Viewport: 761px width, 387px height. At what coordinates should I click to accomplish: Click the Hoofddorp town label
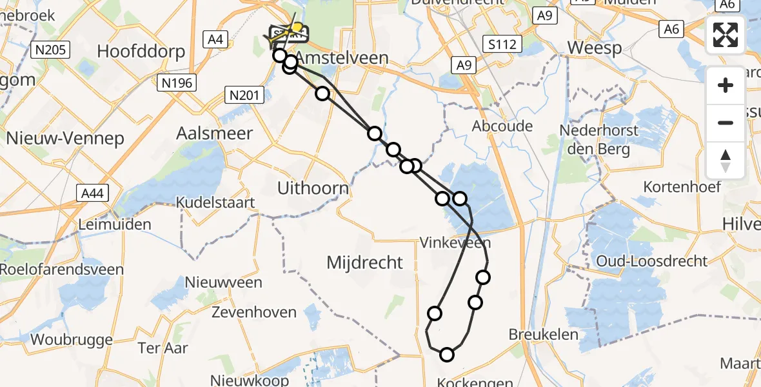pyautogui.click(x=141, y=51)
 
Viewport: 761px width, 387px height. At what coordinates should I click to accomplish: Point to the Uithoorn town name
pyautogui.click(x=313, y=188)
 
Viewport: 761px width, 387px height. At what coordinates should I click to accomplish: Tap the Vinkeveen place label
pyautogui.click(x=455, y=243)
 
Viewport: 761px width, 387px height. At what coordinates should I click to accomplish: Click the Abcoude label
pyautogui.click(x=502, y=126)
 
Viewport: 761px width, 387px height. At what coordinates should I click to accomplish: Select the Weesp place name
pyautogui.click(x=595, y=48)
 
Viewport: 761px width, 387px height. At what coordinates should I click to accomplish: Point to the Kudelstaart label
pyautogui.click(x=217, y=203)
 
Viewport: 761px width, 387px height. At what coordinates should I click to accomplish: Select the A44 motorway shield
pyautogui.click(x=93, y=192)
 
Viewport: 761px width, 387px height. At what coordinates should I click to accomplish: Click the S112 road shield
pyautogui.click(x=502, y=44)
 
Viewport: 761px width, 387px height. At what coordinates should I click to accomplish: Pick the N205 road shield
pyautogui.click(x=50, y=49)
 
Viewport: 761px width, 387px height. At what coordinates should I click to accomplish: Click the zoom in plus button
pyautogui.click(x=726, y=85)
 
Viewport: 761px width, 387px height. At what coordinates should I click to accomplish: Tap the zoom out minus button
pyautogui.click(x=726, y=123)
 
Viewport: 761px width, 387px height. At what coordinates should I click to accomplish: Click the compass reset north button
pyautogui.click(x=726, y=160)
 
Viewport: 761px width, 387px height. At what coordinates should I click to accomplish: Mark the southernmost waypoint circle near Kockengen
pyautogui.click(x=447, y=354)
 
